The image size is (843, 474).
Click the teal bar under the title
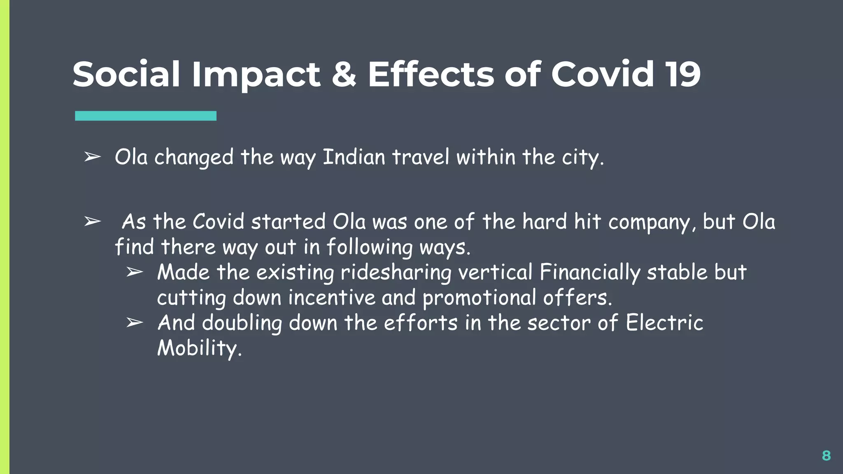pyautogui.click(x=146, y=116)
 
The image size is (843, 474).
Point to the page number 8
pyautogui.click(x=826, y=455)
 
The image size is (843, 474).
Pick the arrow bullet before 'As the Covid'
pyautogui.click(x=92, y=222)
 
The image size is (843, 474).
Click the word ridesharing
pyautogui.click(x=396, y=273)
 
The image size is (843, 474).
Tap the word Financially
pyautogui.click(x=589, y=273)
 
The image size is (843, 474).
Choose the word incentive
pyautogui.click(x=332, y=298)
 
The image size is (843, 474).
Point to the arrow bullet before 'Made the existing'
pyautogui.click(x=135, y=272)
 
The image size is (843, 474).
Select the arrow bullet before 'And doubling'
pyautogui.click(x=135, y=323)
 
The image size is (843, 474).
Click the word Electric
pyautogui.click(x=664, y=323)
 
